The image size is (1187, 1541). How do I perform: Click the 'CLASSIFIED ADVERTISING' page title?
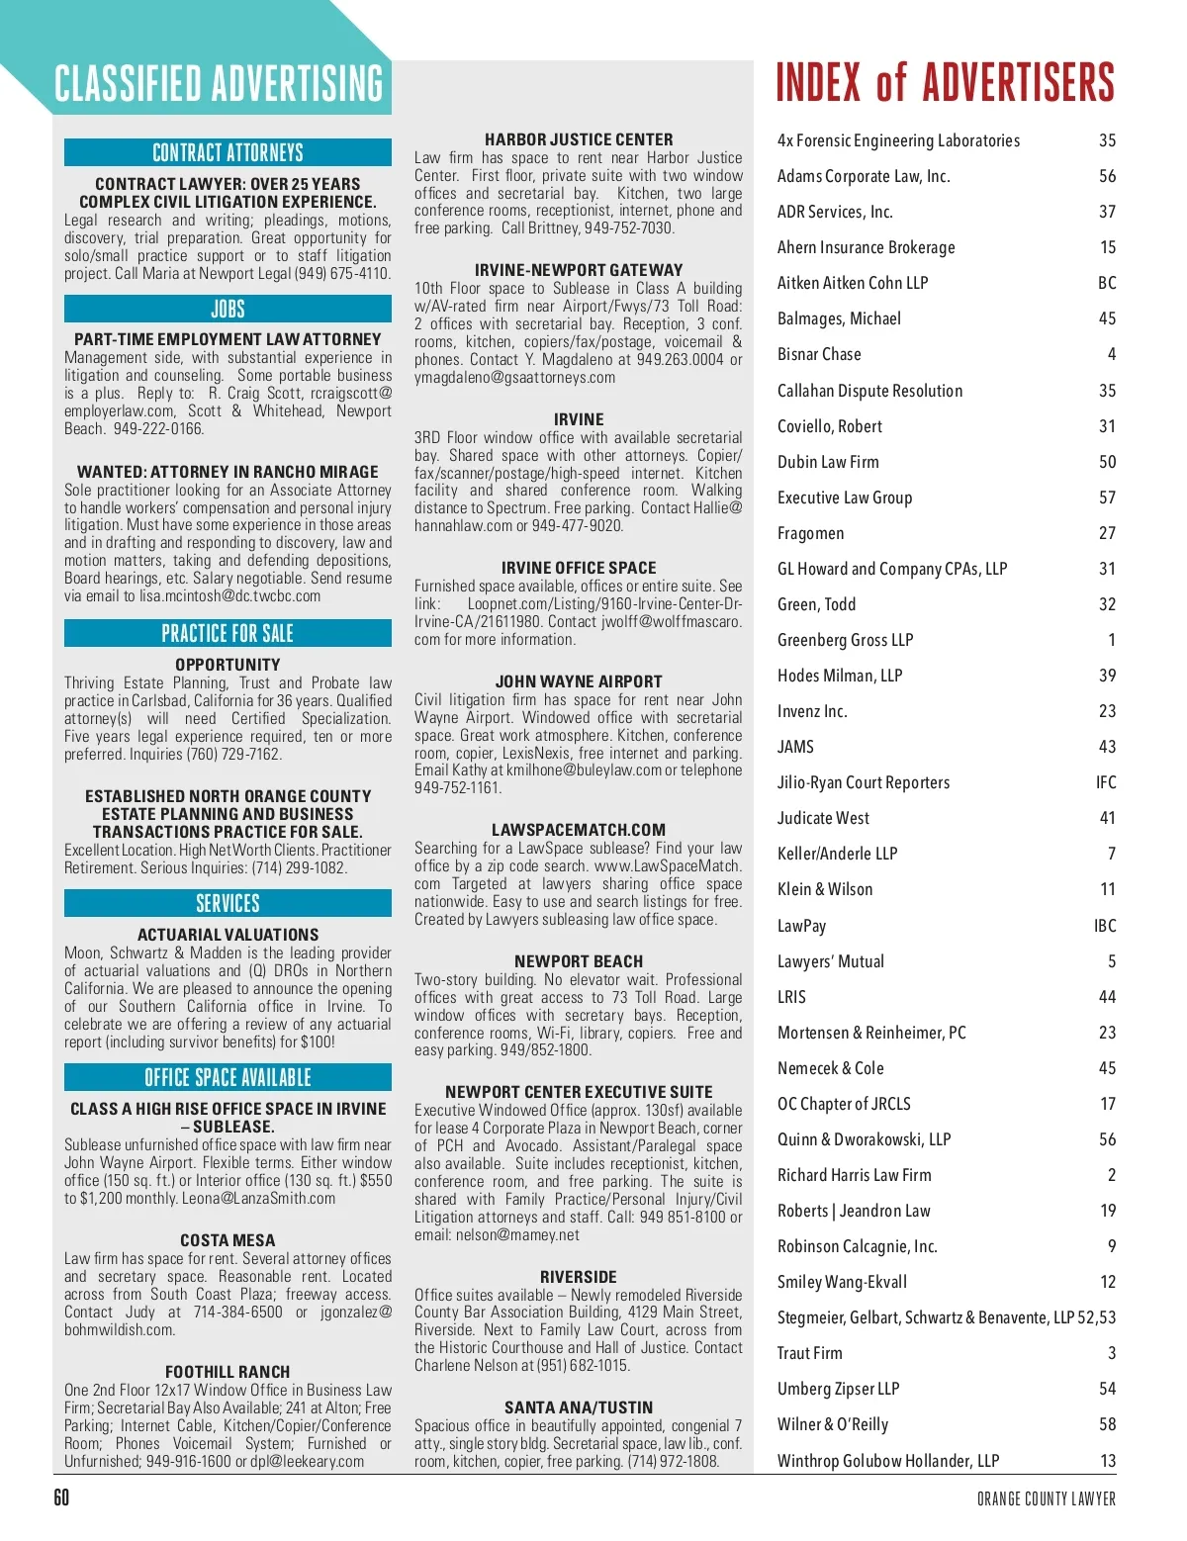(219, 84)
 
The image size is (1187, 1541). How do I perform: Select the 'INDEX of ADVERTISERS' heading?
(945, 83)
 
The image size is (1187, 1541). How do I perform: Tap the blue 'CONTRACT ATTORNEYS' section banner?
(228, 152)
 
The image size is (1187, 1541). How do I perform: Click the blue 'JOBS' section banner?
(228, 309)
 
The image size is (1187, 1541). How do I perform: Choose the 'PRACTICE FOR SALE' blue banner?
(228, 633)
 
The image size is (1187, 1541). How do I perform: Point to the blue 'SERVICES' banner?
(228, 903)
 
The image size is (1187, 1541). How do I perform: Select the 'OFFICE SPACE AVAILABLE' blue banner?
(228, 1077)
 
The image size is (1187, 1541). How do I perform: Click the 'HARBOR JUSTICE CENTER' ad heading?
(579, 139)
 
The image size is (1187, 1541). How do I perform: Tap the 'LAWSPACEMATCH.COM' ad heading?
(579, 830)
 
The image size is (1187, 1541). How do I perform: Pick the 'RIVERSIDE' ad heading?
(579, 1277)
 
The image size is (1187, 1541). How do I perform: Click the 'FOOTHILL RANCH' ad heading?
(228, 1372)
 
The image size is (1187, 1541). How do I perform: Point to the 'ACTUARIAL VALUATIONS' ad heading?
(228, 935)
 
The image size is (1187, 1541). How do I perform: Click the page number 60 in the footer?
(61, 1497)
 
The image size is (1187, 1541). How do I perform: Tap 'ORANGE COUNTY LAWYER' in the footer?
(1046, 1498)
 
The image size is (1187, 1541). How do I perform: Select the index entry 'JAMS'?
(795, 747)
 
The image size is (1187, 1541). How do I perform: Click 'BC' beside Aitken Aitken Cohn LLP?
(1106, 283)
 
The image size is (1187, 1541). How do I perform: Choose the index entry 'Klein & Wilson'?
(825, 889)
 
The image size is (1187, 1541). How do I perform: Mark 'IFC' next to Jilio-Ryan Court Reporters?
(1105, 782)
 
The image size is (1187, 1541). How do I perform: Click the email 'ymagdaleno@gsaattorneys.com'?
(514, 378)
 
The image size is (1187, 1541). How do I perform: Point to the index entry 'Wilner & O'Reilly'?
(833, 1424)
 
